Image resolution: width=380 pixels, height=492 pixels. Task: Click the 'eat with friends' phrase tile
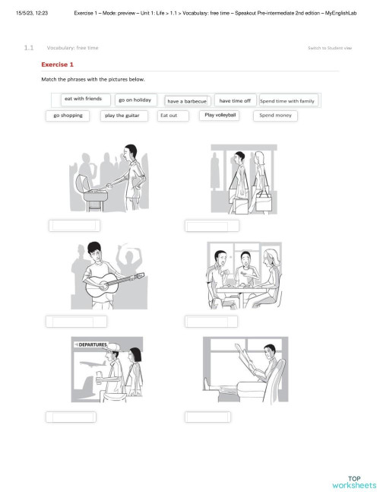pyautogui.click(x=83, y=99)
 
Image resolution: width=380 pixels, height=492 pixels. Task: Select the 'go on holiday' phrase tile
pyautogui.click(x=135, y=100)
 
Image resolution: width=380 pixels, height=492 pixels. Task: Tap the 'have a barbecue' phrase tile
pyautogui.click(x=187, y=100)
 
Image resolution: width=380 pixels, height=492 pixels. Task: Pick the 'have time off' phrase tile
pyautogui.click(x=235, y=100)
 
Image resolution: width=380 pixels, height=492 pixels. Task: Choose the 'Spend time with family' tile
pyautogui.click(x=287, y=100)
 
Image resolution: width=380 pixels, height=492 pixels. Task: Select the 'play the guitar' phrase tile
pyautogui.click(x=124, y=116)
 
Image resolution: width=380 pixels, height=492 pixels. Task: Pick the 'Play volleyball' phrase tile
pyautogui.click(x=220, y=115)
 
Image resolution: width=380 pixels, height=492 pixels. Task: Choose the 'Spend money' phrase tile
pyautogui.click(x=274, y=116)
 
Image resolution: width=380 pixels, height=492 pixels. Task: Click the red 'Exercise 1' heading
pyautogui.click(x=58, y=65)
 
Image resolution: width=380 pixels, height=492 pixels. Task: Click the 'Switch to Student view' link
pyautogui.click(x=329, y=48)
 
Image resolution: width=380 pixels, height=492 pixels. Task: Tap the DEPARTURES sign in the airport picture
pyautogui.click(x=93, y=344)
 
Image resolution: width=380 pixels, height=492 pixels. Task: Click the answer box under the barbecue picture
pyautogui.click(x=74, y=225)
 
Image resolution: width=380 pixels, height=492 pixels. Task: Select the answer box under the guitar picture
pyautogui.click(x=74, y=321)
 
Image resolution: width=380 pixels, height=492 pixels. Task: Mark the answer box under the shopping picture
pyautogui.click(x=211, y=225)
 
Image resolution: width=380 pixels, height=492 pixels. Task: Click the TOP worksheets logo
pyautogui.click(x=353, y=481)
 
